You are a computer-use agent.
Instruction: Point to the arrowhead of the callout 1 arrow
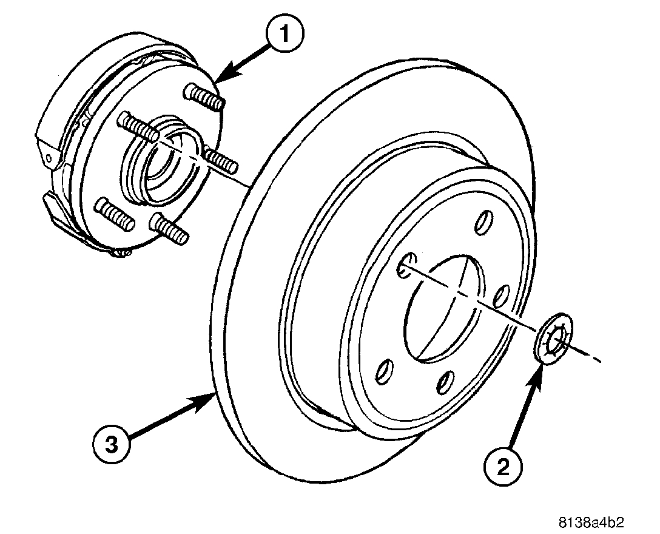216,81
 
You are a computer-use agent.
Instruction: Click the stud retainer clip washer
554,340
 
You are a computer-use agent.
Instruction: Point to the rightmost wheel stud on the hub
222,159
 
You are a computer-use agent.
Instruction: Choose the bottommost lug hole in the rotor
446,382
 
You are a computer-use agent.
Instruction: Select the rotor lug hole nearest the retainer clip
501,297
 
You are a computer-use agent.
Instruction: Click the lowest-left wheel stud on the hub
115,214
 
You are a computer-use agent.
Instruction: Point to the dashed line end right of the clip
599,362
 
